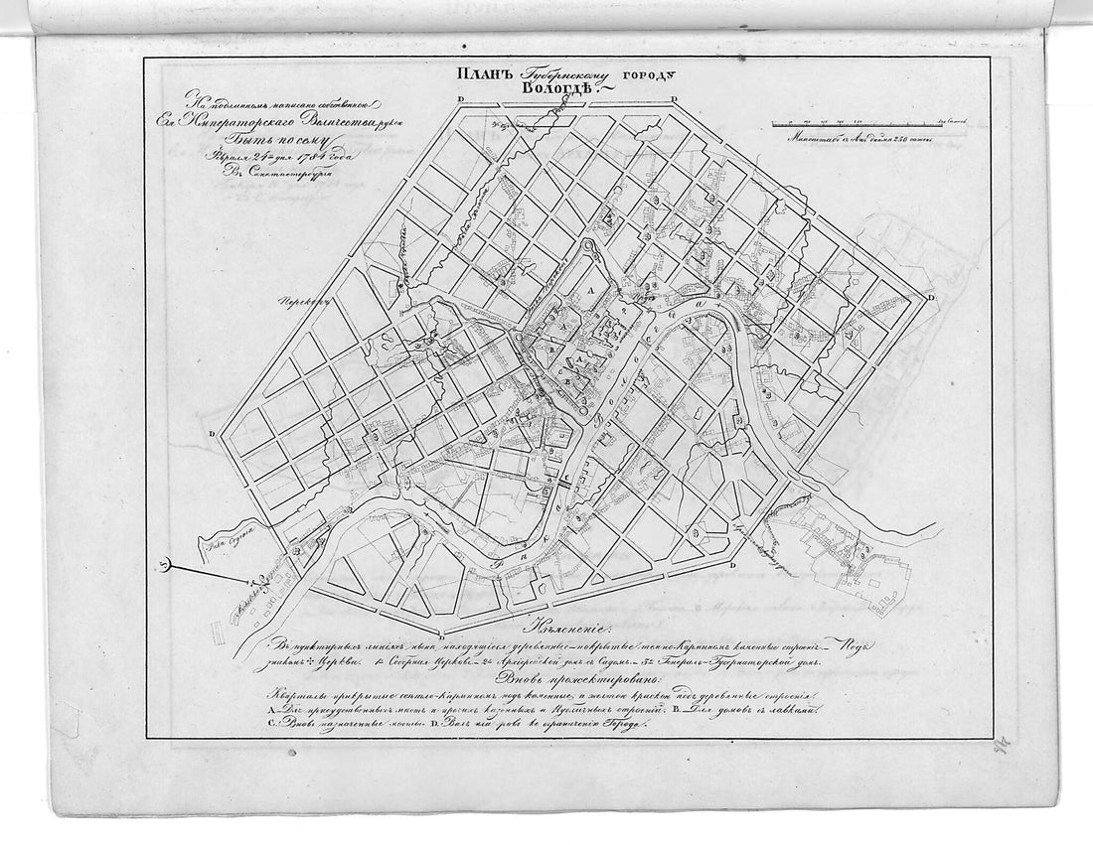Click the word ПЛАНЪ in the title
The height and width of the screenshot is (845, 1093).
coord(483,73)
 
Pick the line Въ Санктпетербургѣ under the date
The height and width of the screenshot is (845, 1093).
coord(278,179)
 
